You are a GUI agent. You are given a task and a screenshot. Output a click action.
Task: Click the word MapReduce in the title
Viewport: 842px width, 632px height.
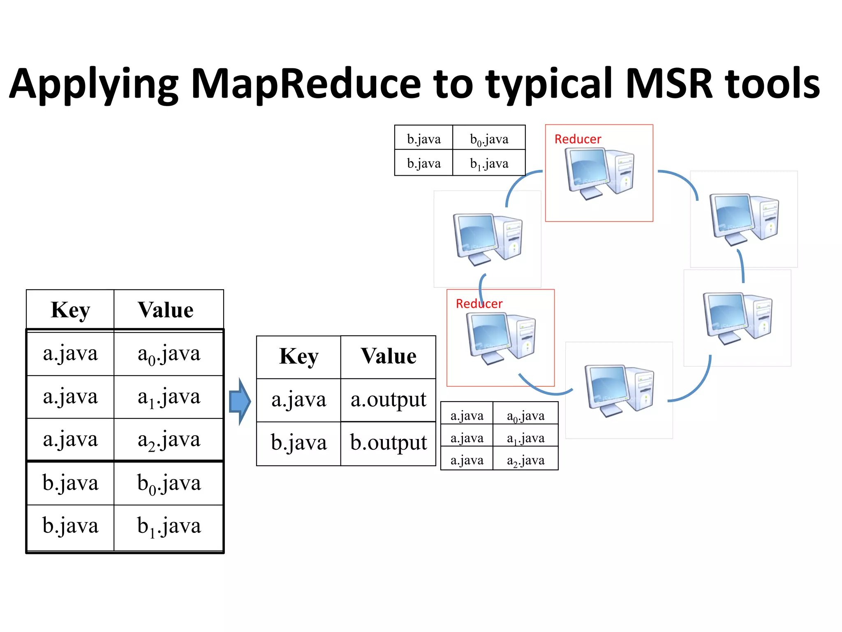click(x=306, y=84)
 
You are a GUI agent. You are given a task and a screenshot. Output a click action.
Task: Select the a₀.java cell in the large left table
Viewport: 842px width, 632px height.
click(x=169, y=354)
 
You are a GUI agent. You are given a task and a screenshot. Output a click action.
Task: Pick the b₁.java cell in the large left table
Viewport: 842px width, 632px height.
click(x=169, y=527)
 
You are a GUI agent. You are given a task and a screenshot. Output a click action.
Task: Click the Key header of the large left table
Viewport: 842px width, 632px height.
click(x=70, y=310)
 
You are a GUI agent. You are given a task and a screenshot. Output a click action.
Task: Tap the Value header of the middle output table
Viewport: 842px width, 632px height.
click(x=388, y=356)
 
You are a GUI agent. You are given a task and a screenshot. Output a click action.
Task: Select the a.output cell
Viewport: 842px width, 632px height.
click(x=388, y=400)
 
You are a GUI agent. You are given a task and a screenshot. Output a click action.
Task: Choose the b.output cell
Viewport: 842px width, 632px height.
click(x=388, y=443)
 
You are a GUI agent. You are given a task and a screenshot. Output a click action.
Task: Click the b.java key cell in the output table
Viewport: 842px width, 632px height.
click(x=298, y=443)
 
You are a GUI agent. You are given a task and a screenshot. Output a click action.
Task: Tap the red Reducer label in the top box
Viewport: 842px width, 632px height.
click(x=578, y=139)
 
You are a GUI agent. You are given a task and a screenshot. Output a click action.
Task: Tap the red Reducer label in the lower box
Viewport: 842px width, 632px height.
click(x=479, y=304)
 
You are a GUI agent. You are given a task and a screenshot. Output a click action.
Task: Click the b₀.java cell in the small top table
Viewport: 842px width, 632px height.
click(x=489, y=139)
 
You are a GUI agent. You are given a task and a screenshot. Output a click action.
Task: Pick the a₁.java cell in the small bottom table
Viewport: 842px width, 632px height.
click(x=525, y=438)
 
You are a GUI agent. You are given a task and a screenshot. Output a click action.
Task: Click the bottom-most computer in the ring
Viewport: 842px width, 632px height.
click(x=619, y=390)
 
